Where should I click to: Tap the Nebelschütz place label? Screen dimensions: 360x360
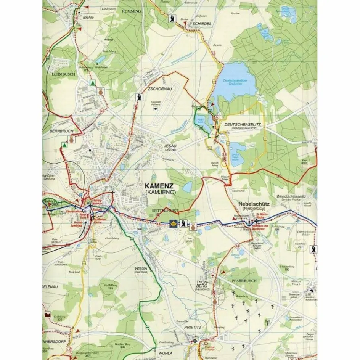(254, 204)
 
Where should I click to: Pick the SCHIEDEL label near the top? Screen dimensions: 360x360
(202, 23)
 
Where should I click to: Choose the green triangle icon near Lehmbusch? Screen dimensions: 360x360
(92, 82)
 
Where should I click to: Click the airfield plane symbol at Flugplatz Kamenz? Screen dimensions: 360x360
(155, 109)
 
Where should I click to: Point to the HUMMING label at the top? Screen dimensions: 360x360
(131, 11)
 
